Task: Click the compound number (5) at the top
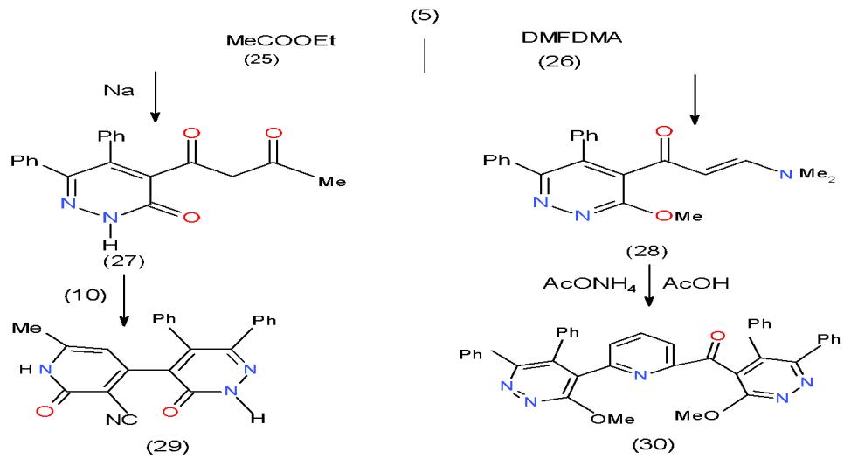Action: tap(423, 16)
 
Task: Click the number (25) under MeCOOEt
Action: tap(261, 63)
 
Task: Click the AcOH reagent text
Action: tap(691, 285)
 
